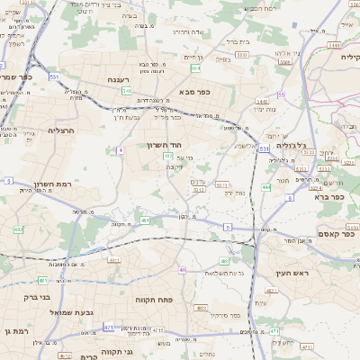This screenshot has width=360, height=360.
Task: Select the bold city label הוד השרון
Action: (163, 144)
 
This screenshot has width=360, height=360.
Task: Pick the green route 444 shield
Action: (266, 187)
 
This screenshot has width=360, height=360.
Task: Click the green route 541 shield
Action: (127, 91)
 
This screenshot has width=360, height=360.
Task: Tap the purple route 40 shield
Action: (182, 269)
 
